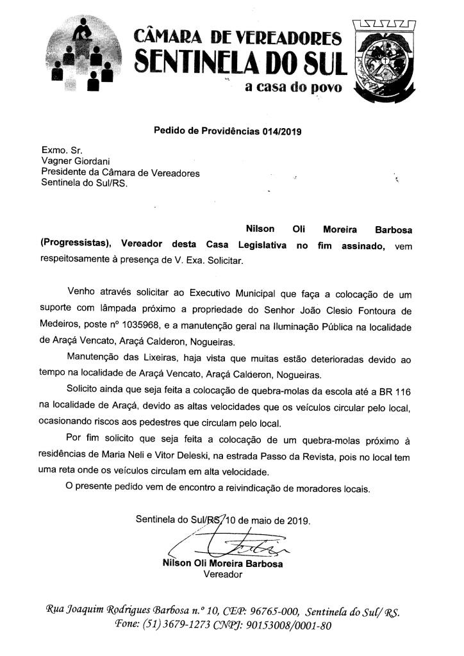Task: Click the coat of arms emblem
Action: (x=386, y=61)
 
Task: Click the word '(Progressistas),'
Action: (x=76, y=246)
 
